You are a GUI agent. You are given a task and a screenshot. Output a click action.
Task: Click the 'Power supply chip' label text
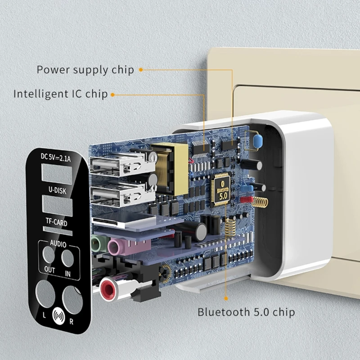point(85,70)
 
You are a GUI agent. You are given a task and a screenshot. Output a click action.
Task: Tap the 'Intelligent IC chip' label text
point(60,94)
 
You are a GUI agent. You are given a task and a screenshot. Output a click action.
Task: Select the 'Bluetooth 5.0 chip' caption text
point(247,312)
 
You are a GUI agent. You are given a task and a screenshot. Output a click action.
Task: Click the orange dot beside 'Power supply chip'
point(140,70)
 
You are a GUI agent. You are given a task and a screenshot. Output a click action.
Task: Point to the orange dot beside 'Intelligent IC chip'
point(112,94)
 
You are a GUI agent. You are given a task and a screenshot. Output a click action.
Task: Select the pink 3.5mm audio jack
point(116,246)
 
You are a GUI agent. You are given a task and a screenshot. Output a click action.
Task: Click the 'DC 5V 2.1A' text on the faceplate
point(58,157)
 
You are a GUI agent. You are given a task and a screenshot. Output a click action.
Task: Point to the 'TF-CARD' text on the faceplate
point(57,221)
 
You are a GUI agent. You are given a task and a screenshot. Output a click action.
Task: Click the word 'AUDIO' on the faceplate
point(58,244)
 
